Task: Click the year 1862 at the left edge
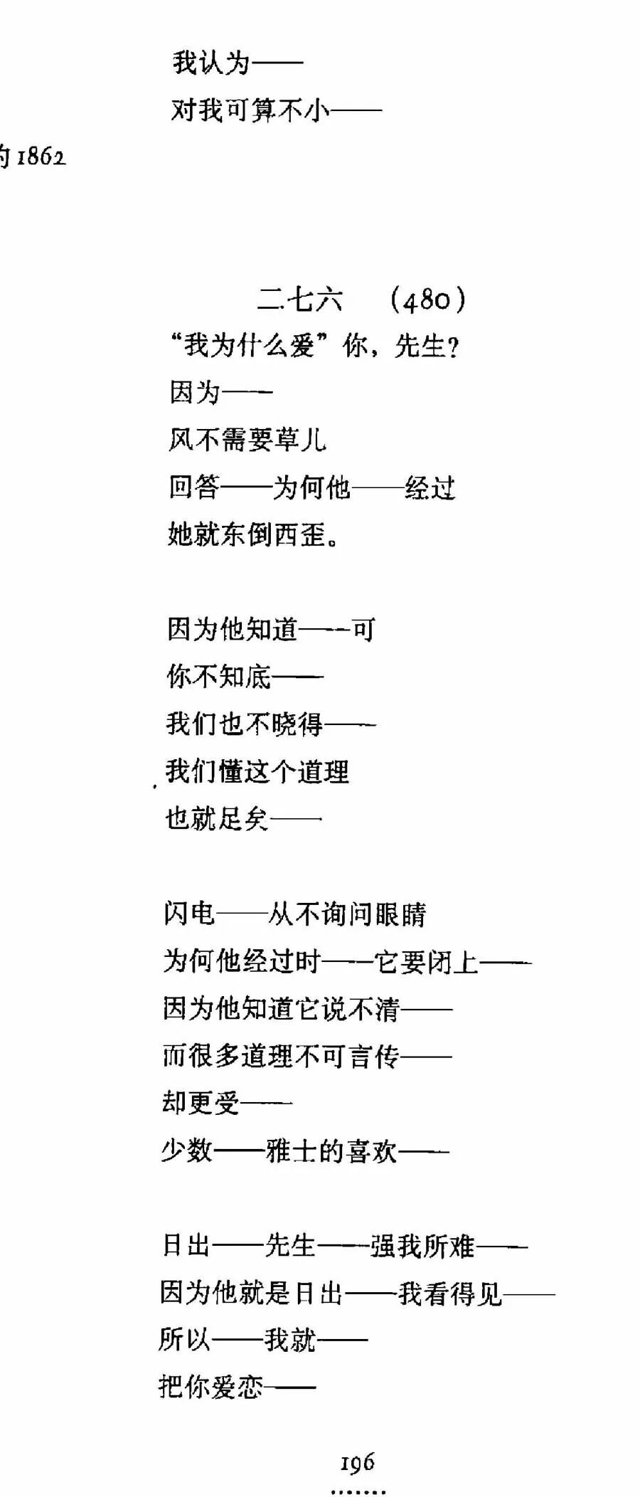tap(41, 157)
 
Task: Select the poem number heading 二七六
tap(300, 300)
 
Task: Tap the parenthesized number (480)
tap(428, 300)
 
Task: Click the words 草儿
tap(300, 440)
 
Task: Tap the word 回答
tap(193, 487)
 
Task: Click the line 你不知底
tap(219, 677)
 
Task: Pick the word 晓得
tap(298, 724)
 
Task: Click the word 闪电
tap(189, 914)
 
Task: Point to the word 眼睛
tap(400, 914)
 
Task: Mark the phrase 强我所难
tap(422, 1246)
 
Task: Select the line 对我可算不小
tap(250, 110)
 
